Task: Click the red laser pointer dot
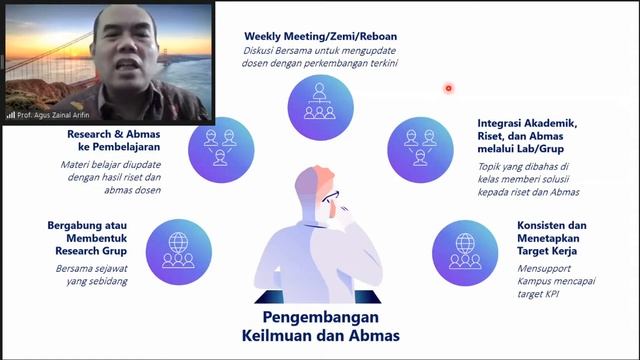449,88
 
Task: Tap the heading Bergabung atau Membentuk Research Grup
92,237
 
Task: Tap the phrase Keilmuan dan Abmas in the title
319,336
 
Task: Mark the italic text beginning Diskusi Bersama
319,58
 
